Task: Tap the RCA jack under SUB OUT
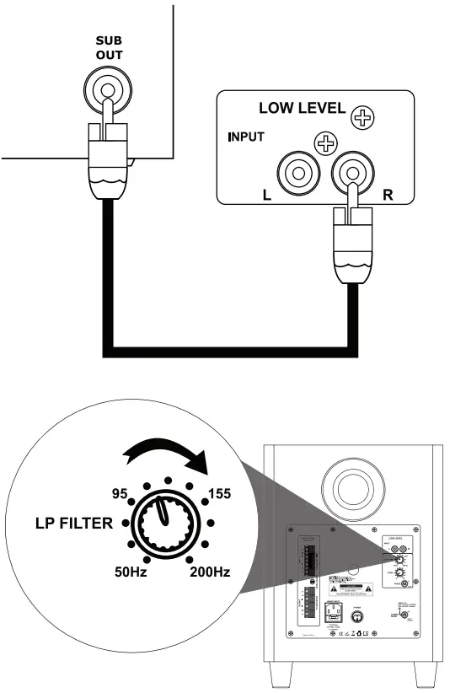107,87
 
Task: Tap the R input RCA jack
348,174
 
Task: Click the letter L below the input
267,193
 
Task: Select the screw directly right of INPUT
324,143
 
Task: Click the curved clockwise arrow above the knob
169,456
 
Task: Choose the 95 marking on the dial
119,492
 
